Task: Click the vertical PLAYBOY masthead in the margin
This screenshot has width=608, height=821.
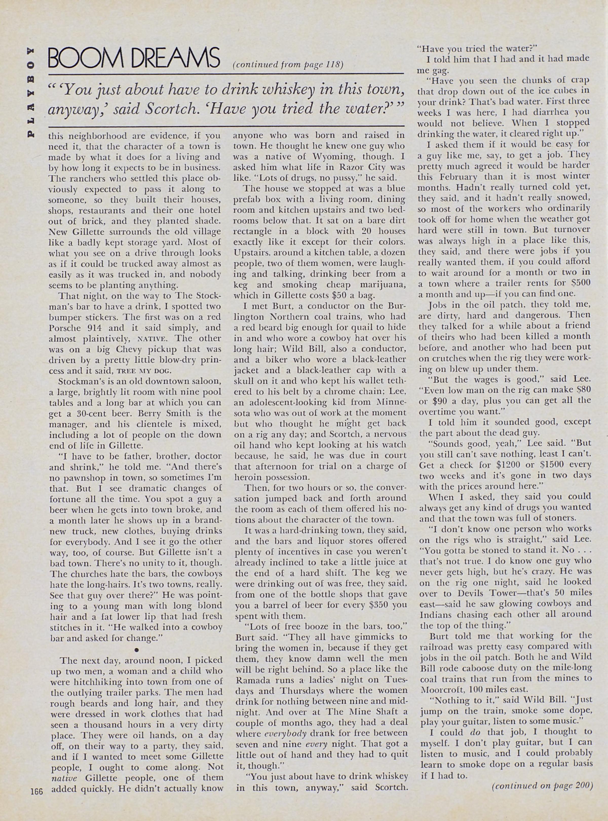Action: click(x=32, y=92)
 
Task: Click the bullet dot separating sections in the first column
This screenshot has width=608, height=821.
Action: click(x=136, y=650)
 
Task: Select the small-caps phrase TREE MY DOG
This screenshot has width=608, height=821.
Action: click(x=141, y=371)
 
